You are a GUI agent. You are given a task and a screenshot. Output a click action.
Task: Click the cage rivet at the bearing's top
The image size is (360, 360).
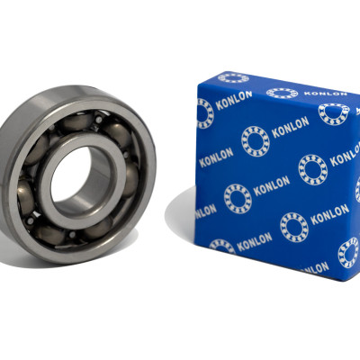[98, 121]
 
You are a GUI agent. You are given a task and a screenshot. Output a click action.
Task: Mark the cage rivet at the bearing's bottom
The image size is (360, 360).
[71, 234]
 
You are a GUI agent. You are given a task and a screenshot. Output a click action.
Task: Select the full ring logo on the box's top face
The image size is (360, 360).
[282, 93]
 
